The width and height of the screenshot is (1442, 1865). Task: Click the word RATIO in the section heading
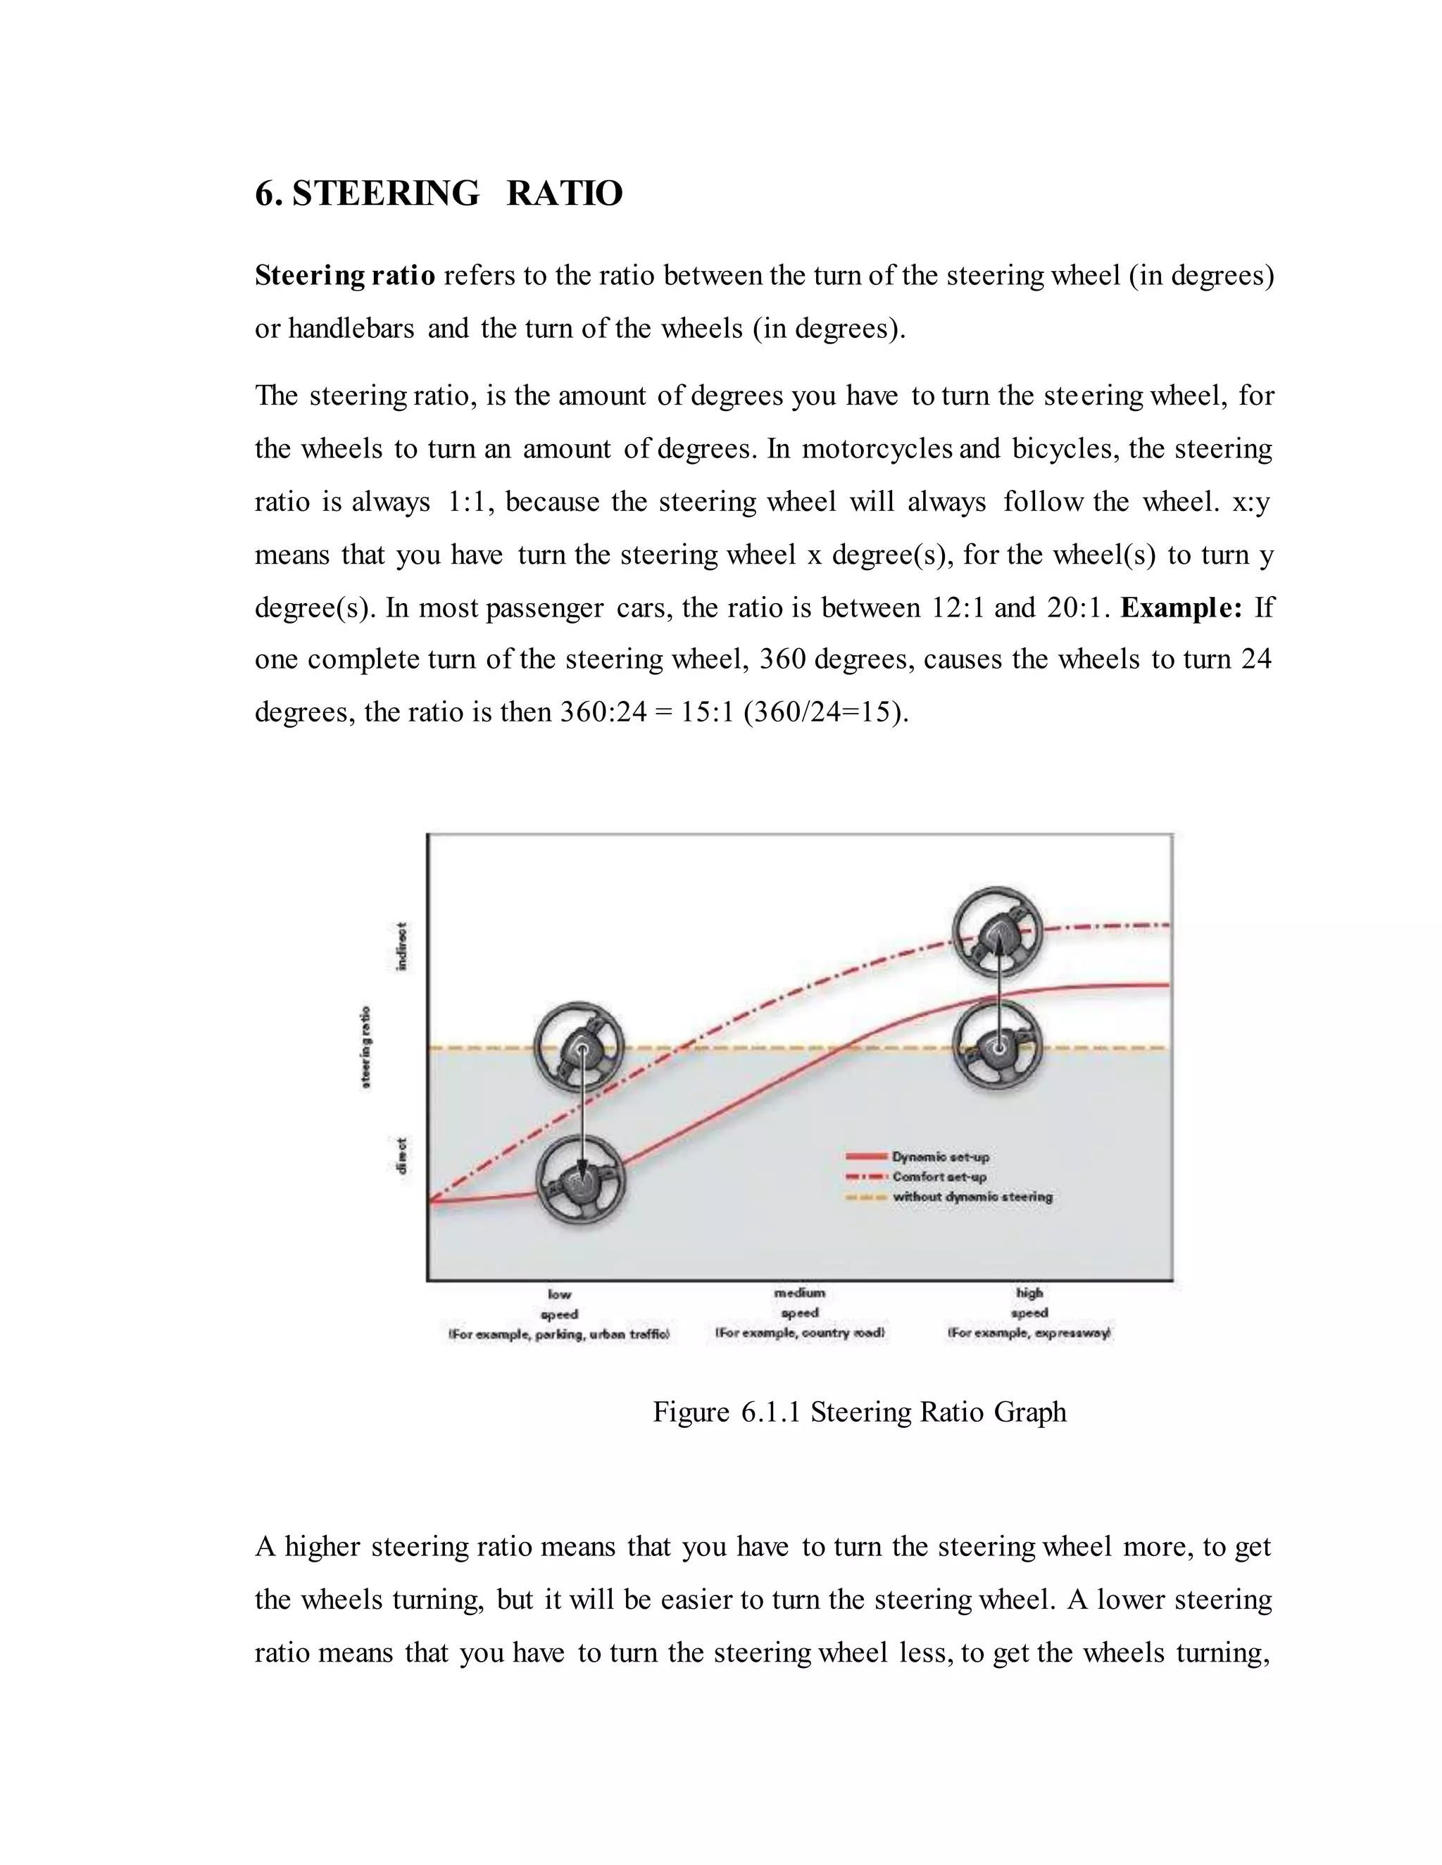coord(564,194)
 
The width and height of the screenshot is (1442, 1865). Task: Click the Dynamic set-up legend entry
coord(940,1156)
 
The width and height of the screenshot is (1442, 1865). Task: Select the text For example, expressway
coord(1029,1333)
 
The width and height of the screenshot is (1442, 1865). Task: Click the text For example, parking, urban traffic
coord(560,1334)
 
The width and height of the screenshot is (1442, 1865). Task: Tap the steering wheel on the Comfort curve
coord(998,932)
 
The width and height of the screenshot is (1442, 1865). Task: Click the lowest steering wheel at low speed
coord(580,1180)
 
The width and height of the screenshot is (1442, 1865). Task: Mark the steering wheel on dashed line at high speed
coord(998,1045)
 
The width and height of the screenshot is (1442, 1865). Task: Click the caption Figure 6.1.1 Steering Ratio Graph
coord(860,1412)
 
